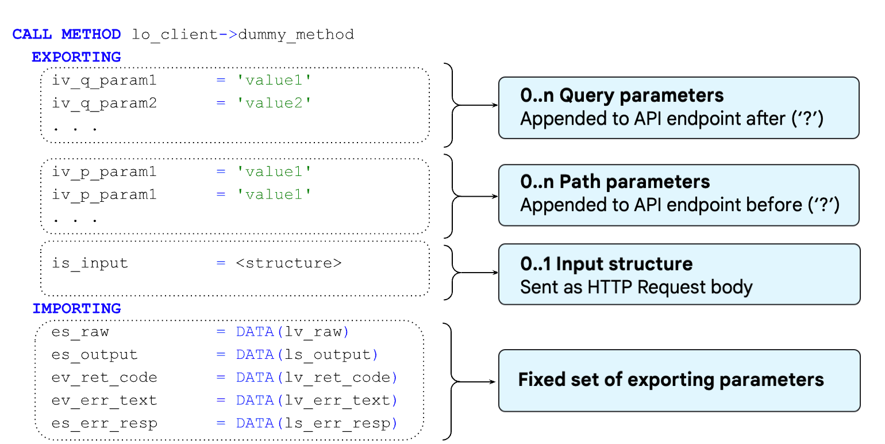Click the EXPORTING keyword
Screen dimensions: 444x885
pos(76,58)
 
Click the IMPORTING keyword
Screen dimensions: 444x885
pos(76,308)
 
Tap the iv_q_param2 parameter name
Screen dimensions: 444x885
pos(104,104)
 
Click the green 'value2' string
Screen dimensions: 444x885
pos(274,104)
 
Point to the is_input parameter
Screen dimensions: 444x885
pos(90,263)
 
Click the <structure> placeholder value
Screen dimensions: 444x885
pos(288,263)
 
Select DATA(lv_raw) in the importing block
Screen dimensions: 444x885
pos(292,332)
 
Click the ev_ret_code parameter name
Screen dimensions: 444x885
pos(104,378)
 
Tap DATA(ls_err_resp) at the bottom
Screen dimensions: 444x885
pos(316,424)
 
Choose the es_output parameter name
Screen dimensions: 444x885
pos(94,355)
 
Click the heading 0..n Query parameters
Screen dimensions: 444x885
pos(622,95)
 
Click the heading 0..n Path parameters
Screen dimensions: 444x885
pos(615,182)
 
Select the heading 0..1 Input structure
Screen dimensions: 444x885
pos(606,264)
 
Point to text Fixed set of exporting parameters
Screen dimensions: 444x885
pos(671,380)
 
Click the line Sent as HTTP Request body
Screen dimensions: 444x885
pos(636,286)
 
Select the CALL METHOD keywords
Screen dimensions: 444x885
pos(67,35)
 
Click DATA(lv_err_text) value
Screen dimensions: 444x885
pos(316,401)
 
